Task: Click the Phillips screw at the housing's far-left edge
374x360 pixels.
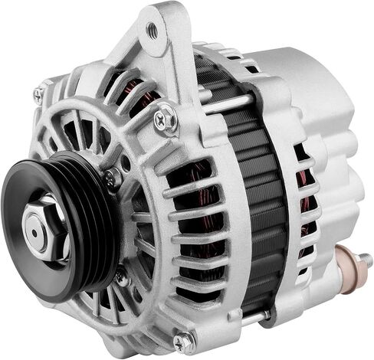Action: coord(38,95)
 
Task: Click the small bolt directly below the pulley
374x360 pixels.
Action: coord(122,277)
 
